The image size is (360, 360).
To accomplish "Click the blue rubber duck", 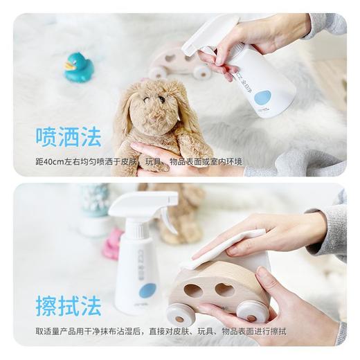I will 79,68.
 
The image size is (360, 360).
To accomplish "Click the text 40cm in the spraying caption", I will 55,162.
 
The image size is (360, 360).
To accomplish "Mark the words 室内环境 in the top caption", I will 228,162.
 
